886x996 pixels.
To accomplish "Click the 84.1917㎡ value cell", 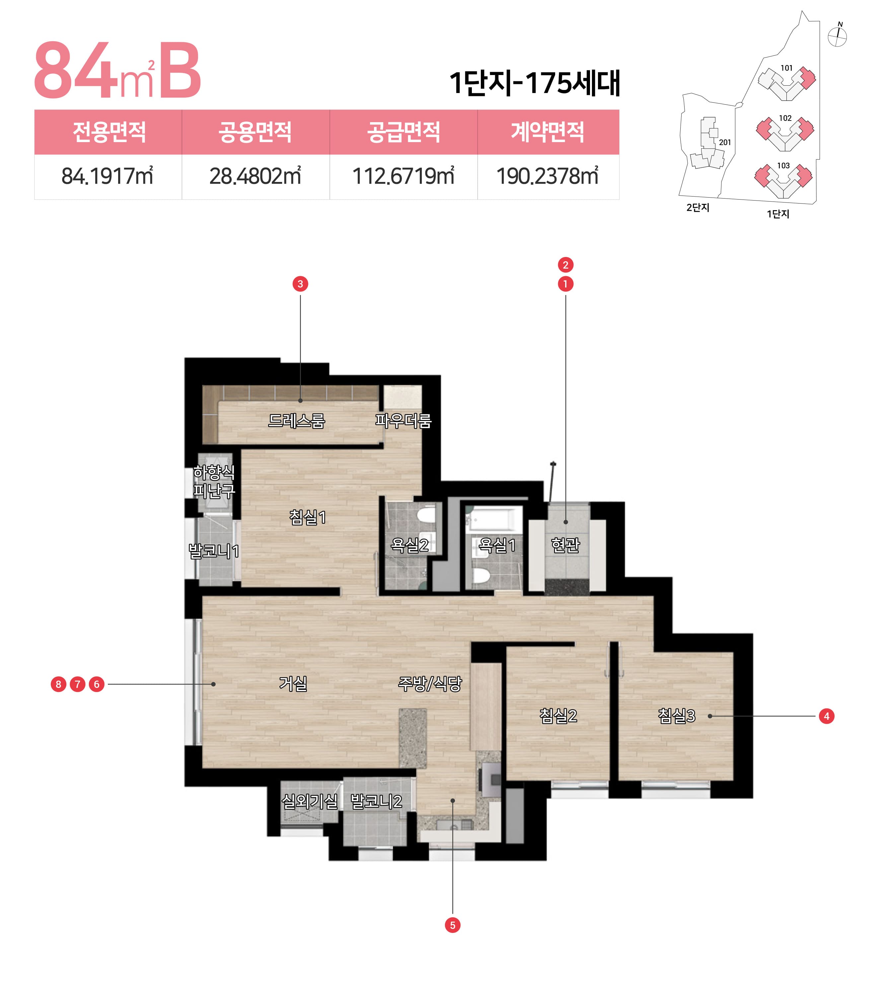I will coord(108,176).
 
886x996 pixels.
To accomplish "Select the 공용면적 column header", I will coord(255,132).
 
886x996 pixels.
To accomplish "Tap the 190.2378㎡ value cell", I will coord(548,176).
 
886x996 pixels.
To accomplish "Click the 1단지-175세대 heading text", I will coord(534,83).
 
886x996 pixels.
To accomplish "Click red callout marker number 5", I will coord(453,925).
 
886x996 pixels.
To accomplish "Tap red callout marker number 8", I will coord(58,684).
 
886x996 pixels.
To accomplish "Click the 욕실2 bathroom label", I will coord(409,545).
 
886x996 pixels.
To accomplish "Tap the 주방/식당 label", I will coord(430,684).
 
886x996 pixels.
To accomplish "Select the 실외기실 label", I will coord(310,801).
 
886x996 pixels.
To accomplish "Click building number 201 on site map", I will coord(725,142).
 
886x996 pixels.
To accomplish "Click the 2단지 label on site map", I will coord(698,207).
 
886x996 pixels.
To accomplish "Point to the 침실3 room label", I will coord(677,716).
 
